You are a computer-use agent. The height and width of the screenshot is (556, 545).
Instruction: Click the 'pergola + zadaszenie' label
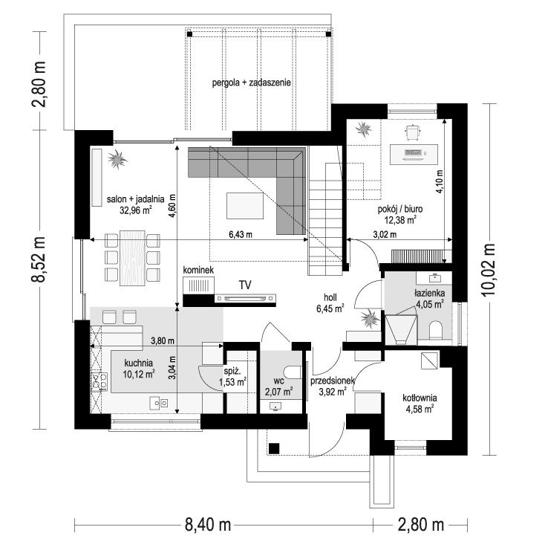pyautogui.click(x=252, y=83)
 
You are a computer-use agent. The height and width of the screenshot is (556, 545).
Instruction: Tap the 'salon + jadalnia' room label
pyautogui.click(x=136, y=199)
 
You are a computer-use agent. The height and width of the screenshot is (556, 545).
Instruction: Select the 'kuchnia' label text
pyautogui.click(x=138, y=363)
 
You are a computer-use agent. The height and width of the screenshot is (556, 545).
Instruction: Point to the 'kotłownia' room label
pyautogui.click(x=420, y=398)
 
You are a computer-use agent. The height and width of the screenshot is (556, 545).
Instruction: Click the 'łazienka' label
pyautogui.click(x=430, y=293)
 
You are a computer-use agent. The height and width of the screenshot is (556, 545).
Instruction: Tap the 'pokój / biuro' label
pyautogui.click(x=400, y=209)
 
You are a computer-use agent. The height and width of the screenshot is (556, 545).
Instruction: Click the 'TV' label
pyautogui.click(x=245, y=285)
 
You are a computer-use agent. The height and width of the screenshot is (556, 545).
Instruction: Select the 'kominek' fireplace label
pyautogui.click(x=198, y=270)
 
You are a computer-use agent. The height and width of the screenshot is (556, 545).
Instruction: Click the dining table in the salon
pyautogui.click(x=132, y=258)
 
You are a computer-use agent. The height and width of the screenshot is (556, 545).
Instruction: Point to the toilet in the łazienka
pyautogui.click(x=435, y=330)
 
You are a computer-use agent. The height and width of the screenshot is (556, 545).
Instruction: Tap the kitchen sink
pyautogui.click(x=158, y=403)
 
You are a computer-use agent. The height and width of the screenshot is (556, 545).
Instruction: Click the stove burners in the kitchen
pyautogui.click(x=99, y=381)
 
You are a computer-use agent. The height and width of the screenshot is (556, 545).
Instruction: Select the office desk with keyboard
pyautogui.click(x=414, y=154)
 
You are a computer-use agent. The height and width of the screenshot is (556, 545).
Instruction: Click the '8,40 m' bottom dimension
pyautogui.click(x=208, y=525)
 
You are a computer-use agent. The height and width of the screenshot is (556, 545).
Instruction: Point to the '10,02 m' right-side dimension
pyautogui.click(x=490, y=270)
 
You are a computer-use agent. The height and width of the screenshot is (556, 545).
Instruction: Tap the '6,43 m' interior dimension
pyautogui.click(x=241, y=234)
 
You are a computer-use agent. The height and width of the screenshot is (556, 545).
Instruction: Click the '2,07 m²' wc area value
pyautogui.click(x=278, y=392)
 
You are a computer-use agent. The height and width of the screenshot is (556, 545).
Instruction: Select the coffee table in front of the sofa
pyautogui.click(x=245, y=206)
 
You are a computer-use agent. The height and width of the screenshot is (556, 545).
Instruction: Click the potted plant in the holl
pyautogui.click(x=370, y=318)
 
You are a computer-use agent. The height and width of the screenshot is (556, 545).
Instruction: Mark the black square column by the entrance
pyautogui.click(x=274, y=448)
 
